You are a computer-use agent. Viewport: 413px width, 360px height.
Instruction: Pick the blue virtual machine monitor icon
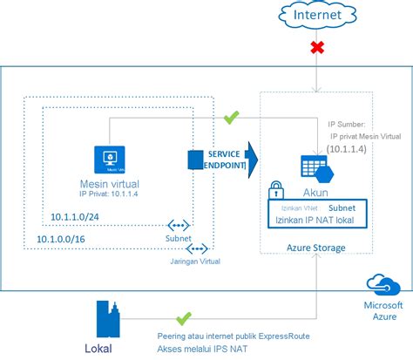click(x=111, y=160)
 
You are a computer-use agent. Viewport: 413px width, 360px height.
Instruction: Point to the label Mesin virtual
click(x=111, y=184)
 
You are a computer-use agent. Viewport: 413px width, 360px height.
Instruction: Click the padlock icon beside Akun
click(x=275, y=190)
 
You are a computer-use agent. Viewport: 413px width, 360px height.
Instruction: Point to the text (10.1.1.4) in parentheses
click(x=348, y=149)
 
